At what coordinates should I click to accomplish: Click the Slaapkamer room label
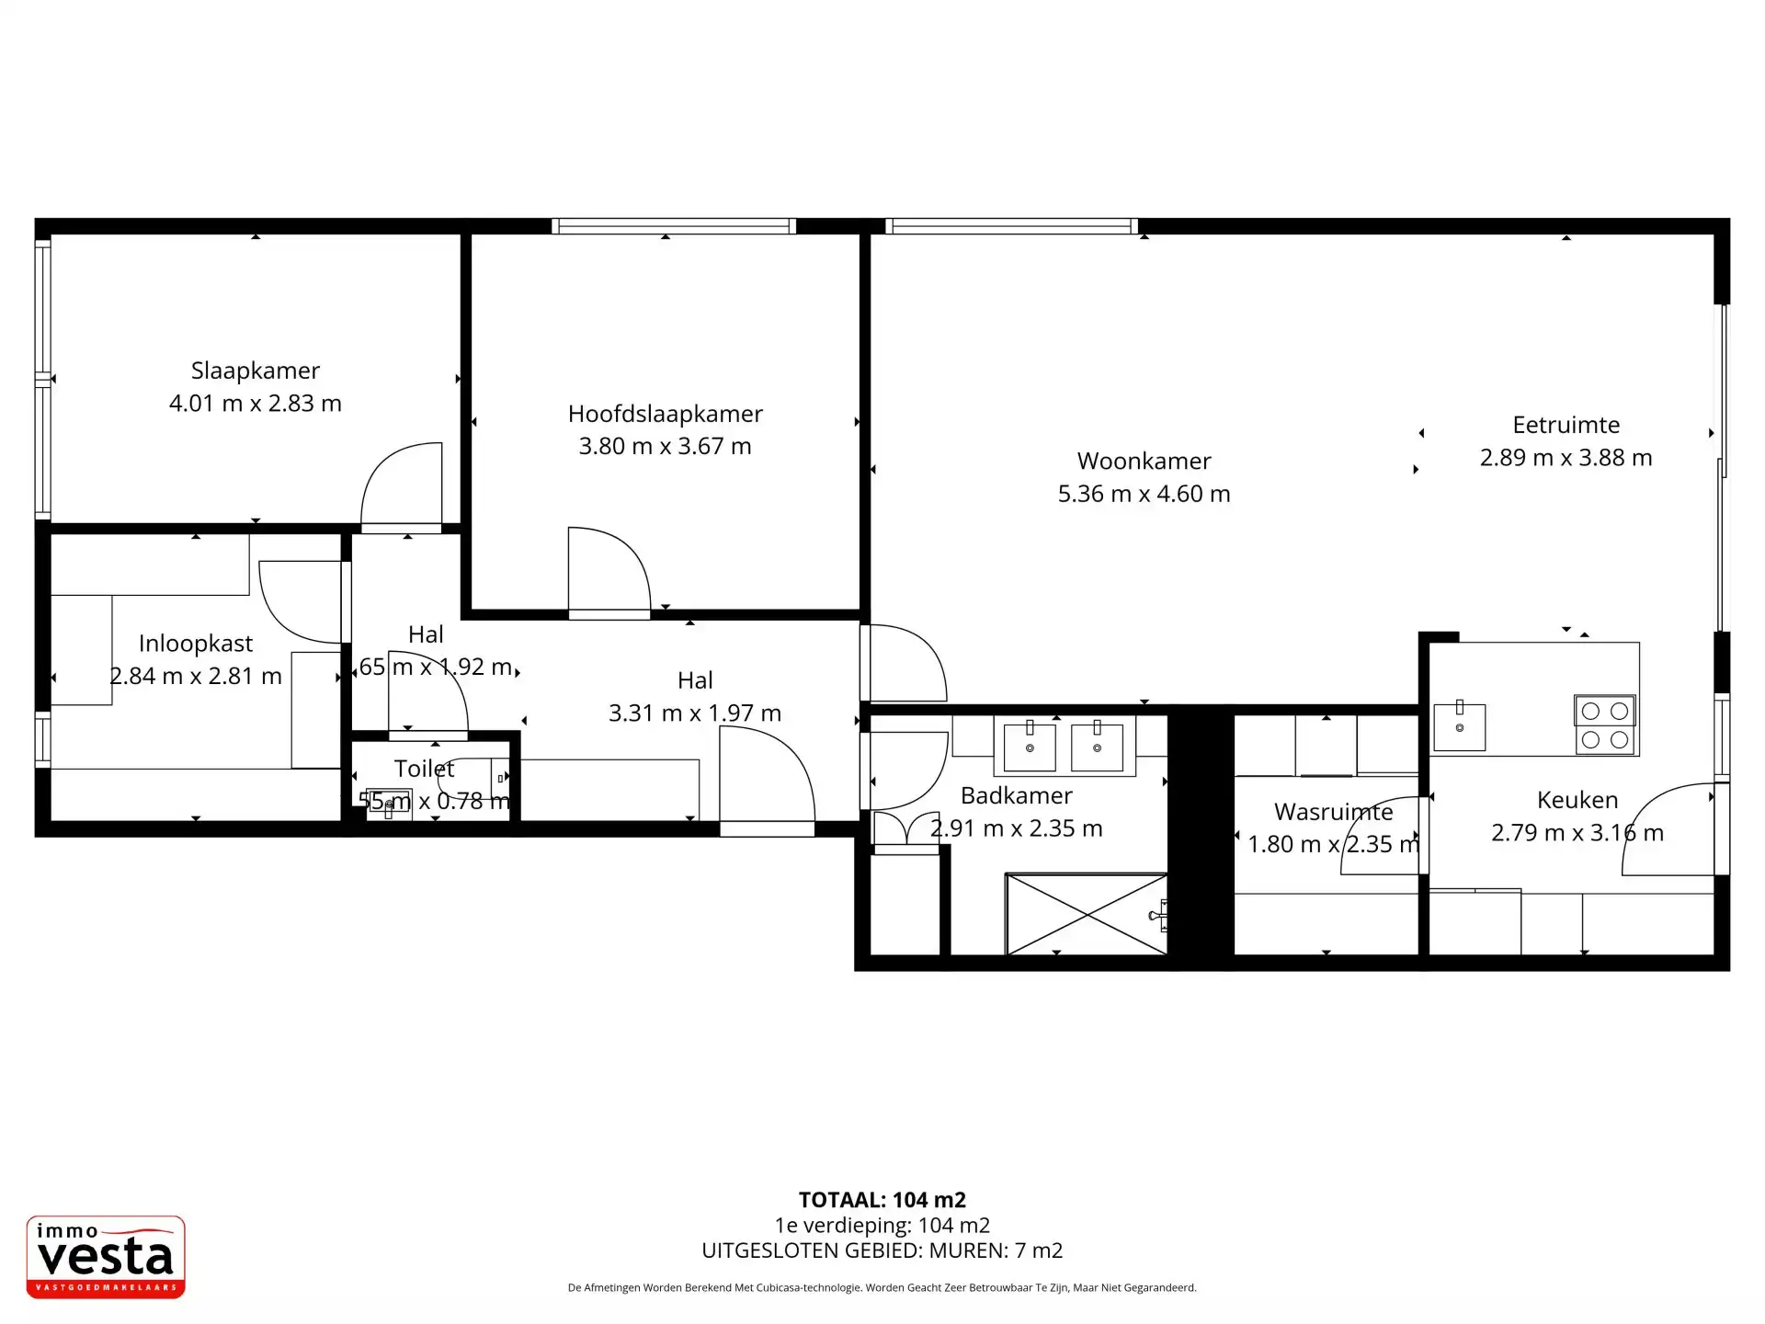pyautogui.click(x=255, y=371)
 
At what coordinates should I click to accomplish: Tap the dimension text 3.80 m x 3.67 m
pyautogui.click(x=665, y=447)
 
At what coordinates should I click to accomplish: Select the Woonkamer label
pyautogui.click(x=1144, y=461)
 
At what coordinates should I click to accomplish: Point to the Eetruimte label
pyautogui.click(x=1566, y=425)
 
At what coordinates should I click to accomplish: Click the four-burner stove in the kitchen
pyautogui.click(x=1604, y=725)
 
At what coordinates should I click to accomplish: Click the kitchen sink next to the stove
pyautogui.click(x=1459, y=726)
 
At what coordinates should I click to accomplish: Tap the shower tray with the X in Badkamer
pyautogui.click(x=1086, y=914)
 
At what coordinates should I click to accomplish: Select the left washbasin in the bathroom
pyautogui.click(x=1029, y=747)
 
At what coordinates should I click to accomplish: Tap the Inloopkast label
pyautogui.click(x=195, y=644)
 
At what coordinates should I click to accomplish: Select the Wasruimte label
pyautogui.click(x=1333, y=812)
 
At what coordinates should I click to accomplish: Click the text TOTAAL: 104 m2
pyautogui.click(x=882, y=1200)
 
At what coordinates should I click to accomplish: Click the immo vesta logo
pyautogui.click(x=106, y=1257)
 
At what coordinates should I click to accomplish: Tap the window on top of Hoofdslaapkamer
pyautogui.click(x=674, y=226)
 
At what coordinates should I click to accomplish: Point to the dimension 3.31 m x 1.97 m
pyautogui.click(x=694, y=713)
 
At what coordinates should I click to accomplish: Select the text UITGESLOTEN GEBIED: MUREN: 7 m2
pyautogui.click(x=882, y=1250)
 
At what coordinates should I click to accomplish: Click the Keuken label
pyautogui.click(x=1577, y=800)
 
